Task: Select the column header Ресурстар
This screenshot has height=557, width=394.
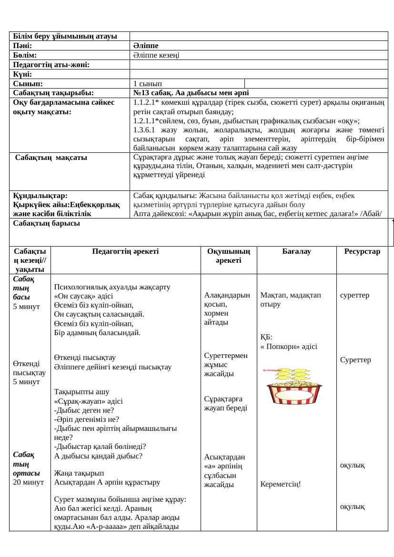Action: tap(362, 251)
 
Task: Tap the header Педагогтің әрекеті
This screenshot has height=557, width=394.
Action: tap(126, 251)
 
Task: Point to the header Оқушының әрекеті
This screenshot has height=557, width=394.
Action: tap(229, 256)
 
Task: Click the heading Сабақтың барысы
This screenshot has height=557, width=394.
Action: tap(46, 223)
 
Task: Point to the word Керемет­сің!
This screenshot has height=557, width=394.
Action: tap(281, 484)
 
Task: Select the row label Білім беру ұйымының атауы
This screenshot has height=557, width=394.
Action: tap(65, 37)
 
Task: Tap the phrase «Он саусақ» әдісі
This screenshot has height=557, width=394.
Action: tap(83, 296)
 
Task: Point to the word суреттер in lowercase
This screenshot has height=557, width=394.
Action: tap(354, 295)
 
